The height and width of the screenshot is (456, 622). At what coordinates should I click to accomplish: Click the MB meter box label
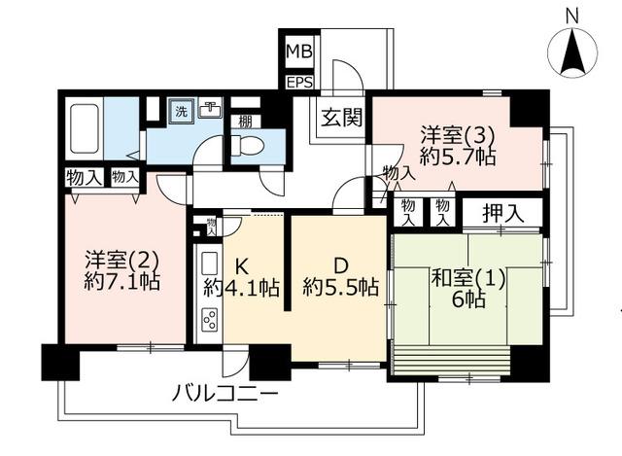pyautogui.click(x=299, y=52)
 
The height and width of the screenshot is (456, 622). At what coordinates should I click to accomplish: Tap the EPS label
pyautogui.click(x=300, y=83)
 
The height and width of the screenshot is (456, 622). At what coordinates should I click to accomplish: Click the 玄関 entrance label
pyautogui.click(x=341, y=118)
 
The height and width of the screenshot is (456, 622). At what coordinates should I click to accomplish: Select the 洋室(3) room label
pyautogui.click(x=458, y=136)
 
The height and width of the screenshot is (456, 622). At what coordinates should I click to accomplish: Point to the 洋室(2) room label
pyautogui.click(x=122, y=260)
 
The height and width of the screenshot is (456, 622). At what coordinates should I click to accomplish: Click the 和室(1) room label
pyautogui.click(x=468, y=278)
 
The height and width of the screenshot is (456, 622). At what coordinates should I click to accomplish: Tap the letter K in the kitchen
pyautogui.click(x=242, y=266)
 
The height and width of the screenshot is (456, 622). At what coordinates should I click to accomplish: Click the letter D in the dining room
pyautogui.click(x=340, y=265)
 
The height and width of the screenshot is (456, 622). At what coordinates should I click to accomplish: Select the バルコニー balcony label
pyautogui.click(x=225, y=394)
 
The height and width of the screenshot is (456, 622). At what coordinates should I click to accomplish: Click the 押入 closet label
pyautogui.click(x=503, y=214)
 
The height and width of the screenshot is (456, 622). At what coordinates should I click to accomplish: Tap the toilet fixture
pyautogui.click(x=247, y=145)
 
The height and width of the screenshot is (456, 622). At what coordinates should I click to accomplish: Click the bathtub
pyautogui.click(x=85, y=128)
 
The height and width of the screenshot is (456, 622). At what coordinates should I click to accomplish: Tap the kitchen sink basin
pyautogui.click(x=210, y=264)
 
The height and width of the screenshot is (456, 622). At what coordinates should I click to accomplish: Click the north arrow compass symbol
pyautogui.click(x=572, y=53)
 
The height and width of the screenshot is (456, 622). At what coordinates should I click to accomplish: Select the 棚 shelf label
pyautogui.click(x=245, y=122)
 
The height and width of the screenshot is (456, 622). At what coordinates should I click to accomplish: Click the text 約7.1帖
pyautogui.click(x=122, y=282)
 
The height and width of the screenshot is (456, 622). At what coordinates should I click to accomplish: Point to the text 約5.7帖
pyautogui.click(x=458, y=158)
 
